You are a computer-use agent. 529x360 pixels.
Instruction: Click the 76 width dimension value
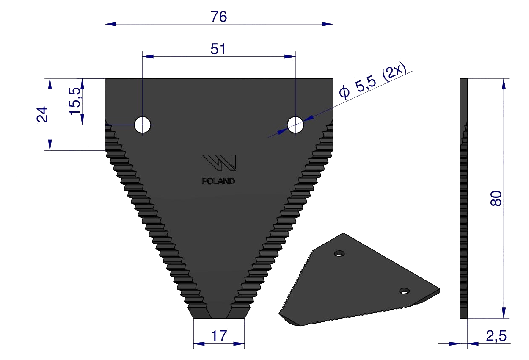[219, 17]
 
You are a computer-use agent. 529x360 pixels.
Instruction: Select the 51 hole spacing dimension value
[218, 49]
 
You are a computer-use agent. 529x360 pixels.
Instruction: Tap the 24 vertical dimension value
[42, 114]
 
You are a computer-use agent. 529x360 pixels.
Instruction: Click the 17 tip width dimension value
[219, 336]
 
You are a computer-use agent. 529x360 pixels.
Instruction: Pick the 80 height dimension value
[496, 198]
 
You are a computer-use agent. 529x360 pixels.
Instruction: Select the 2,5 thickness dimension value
[496, 336]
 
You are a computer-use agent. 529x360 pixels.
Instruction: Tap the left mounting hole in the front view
[142, 125]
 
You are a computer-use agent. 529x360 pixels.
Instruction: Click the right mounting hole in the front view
[295, 125]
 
